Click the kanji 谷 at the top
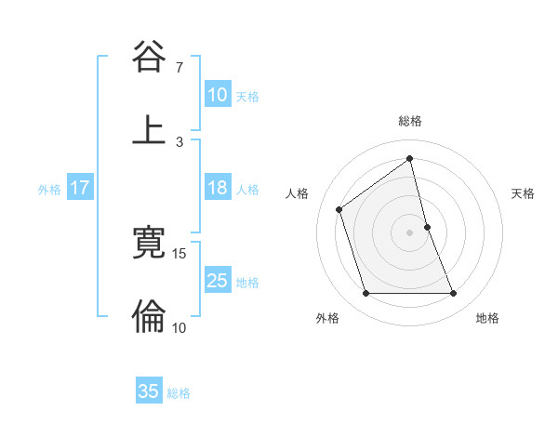point(149,58)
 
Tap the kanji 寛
point(149,244)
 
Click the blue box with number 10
point(218,94)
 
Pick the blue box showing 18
point(218,188)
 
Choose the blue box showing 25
point(218,281)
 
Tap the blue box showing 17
point(80,188)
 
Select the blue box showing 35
point(149,391)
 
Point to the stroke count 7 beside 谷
point(179,68)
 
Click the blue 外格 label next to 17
point(49,189)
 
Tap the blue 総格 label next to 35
point(179,393)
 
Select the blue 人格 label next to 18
point(247,189)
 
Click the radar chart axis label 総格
point(410,121)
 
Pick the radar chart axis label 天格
point(524,193)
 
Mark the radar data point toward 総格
point(410,159)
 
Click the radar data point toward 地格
point(454,294)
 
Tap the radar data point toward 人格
point(339,209)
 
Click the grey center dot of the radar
point(410,232)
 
